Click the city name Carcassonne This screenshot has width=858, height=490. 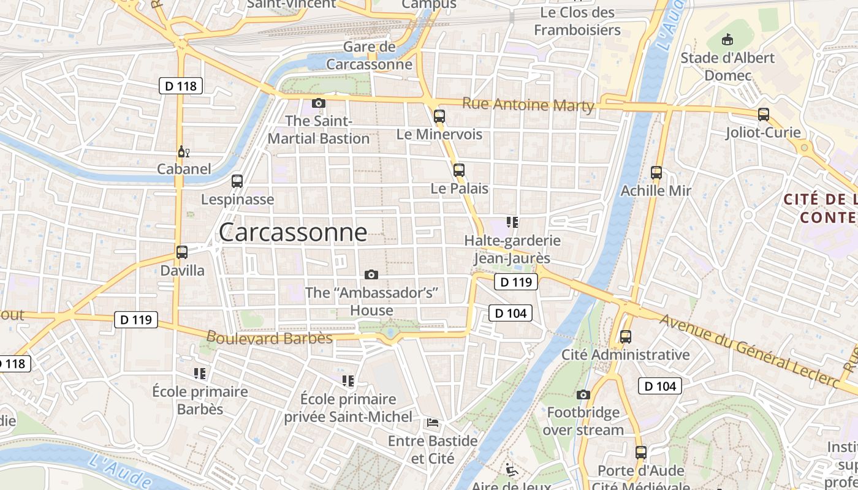293,233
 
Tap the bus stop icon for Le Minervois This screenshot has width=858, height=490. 439,116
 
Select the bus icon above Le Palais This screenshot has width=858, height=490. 459,170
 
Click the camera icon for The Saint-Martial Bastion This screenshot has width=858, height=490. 318,103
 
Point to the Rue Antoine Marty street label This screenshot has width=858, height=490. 528,105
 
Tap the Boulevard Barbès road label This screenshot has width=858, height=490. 270,338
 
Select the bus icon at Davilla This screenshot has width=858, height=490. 181,252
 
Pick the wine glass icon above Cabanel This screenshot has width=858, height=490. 182,151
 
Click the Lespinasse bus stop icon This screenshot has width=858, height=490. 237,181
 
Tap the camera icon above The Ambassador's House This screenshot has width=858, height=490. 371,274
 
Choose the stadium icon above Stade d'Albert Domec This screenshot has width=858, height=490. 727,40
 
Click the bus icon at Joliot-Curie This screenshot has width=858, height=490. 763,114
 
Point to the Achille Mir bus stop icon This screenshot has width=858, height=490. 656,173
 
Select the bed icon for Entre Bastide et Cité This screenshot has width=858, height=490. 433,422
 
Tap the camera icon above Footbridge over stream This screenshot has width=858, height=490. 583,394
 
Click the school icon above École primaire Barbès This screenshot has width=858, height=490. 199,373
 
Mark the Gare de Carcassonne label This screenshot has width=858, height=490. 369,56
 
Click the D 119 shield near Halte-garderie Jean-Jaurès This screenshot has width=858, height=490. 515,282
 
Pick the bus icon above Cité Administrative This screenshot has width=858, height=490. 625,336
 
